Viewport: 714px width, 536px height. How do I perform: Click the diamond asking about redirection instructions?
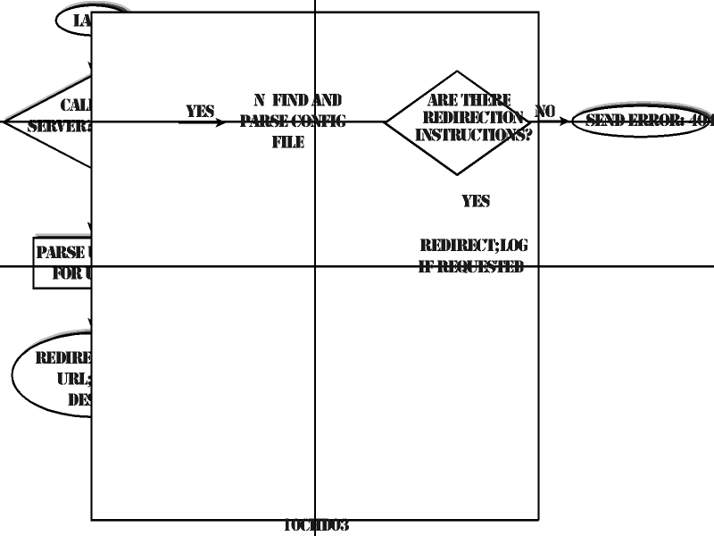[457, 122]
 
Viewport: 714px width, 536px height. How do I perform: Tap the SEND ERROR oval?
[643, 121]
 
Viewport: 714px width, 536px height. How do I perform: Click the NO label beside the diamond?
[544, 112]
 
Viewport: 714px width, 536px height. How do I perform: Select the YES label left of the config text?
[200, 112]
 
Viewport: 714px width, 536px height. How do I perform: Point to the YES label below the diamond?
[476, 201]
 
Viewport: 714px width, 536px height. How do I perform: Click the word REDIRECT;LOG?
[474, 246]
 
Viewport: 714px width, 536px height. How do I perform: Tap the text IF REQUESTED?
[471, 266]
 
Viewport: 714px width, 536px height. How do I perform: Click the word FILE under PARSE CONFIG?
[288, 142]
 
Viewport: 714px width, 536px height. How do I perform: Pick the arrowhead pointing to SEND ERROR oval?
[564, 121]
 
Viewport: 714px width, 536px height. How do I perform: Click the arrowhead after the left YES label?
[220, 121]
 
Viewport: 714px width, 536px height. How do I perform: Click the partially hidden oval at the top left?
[74, 21]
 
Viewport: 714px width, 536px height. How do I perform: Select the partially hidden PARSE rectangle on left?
[62, 263]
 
